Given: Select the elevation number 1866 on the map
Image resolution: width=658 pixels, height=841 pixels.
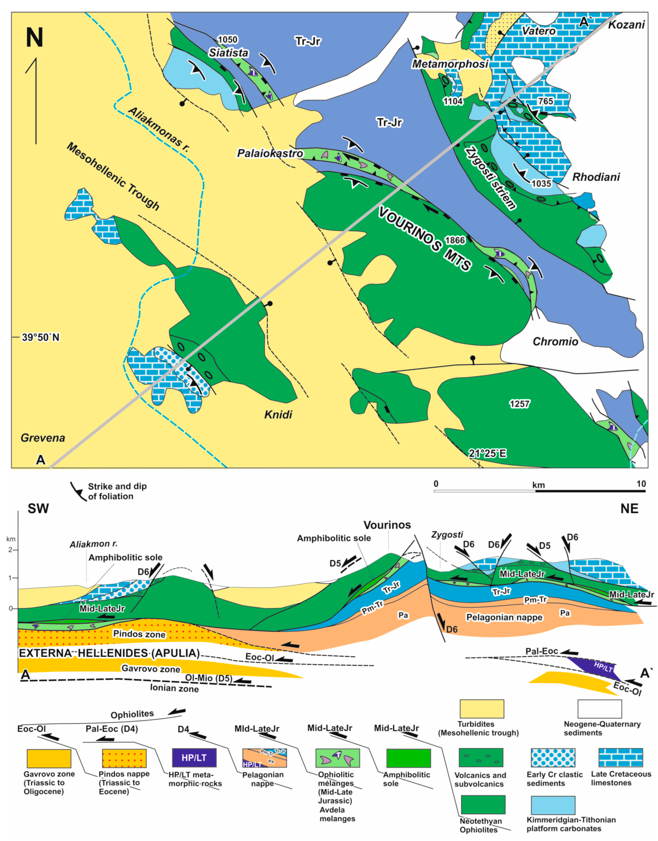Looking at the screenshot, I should point(455,240).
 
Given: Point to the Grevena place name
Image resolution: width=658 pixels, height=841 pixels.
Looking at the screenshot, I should point(43,438).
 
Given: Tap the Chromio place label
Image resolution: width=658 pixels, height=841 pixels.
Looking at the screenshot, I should point(555,341).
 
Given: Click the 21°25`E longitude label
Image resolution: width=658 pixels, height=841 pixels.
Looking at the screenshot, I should point(487,453).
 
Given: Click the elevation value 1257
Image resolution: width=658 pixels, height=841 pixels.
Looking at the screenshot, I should point(520,404).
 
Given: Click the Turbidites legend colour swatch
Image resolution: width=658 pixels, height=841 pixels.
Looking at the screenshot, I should point(481,709).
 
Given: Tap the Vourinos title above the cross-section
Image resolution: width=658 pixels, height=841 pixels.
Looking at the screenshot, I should point(387,525).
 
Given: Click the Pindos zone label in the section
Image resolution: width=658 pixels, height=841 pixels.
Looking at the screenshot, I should point(139,634).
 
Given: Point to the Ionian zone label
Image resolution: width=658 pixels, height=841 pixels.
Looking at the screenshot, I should point(174,688).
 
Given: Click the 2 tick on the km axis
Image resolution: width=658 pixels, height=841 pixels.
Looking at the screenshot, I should point(10,550).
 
